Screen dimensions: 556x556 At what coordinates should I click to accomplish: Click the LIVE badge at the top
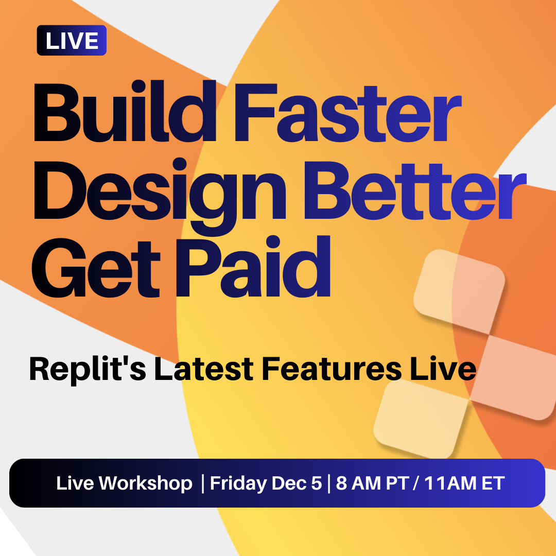coord(72,41)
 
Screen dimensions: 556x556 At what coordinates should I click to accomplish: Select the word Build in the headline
coord(125,111)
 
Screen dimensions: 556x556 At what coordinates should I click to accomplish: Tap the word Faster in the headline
coord(348,113)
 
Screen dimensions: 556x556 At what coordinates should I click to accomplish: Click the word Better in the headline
coord(415,191)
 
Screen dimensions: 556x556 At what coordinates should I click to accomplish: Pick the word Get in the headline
coord(96,268)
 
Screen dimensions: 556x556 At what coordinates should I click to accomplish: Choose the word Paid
coord(253,266)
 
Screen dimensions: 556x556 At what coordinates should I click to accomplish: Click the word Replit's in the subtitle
coord(88,370)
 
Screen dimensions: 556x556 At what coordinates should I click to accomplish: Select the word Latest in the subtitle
coord(203,369)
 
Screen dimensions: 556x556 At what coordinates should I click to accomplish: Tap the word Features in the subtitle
coord(332,369)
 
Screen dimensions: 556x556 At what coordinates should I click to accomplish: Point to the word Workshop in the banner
coord(145,483)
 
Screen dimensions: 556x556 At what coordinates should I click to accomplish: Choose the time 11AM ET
coord(464,483)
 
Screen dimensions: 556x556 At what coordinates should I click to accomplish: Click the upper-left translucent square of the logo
coord(459,292)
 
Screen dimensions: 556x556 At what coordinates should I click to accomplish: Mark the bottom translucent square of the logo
coord(421,419)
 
